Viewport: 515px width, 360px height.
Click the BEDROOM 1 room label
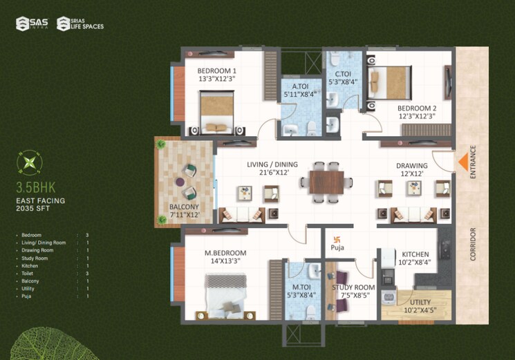[x=216, y=71]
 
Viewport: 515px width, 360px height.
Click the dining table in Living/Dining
[x=325, y=181]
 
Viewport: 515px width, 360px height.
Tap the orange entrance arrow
[x=460, y=163]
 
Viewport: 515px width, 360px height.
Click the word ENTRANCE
[x=474, y=162]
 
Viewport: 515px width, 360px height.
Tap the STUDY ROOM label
[x=353, y=287]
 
